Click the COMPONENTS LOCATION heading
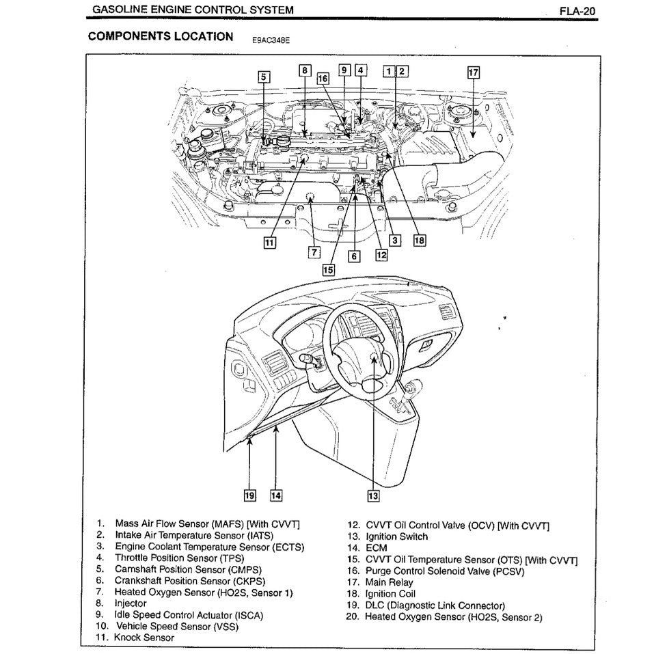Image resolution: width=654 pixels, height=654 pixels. pos(161,36)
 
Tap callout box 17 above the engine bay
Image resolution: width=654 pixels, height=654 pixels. pos(473,72)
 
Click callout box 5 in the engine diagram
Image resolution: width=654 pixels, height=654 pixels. pos(264,77)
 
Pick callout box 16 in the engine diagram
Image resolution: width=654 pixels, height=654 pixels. pos(323,79)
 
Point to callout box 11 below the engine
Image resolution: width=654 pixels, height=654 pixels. pos(270,242)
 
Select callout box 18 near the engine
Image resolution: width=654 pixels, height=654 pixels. pos(418,240)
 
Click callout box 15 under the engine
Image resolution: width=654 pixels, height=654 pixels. pos(329,269)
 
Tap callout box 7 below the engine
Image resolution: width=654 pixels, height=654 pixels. pos(314,251)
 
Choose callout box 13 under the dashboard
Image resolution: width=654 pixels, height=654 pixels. pos(373,495)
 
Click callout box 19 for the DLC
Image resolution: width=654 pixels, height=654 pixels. pos(250,495)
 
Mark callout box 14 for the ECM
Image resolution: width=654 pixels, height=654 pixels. pos(275,495)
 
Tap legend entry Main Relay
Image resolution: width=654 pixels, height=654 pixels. pos(390,582)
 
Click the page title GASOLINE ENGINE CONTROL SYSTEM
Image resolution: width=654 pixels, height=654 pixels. pos(193,10)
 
